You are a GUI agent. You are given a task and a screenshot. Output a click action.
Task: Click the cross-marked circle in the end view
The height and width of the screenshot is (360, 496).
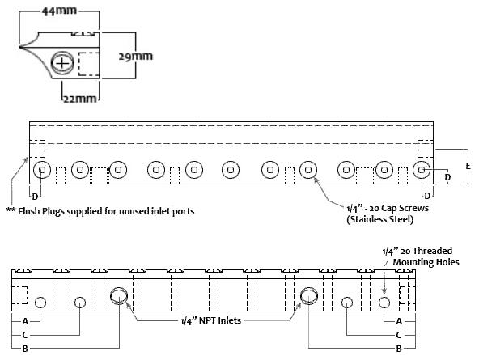pos(63,62)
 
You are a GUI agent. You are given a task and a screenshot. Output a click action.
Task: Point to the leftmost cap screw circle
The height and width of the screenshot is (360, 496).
pos(42,170)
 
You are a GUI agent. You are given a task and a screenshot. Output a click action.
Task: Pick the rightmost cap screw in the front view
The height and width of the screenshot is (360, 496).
pos(421,170)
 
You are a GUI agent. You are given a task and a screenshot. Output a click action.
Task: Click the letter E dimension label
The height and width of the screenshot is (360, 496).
pos(468,165)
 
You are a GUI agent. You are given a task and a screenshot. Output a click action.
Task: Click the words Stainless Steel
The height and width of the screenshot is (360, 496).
pos(379,220)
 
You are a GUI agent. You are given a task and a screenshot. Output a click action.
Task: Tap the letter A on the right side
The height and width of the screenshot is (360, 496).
pos(399,321)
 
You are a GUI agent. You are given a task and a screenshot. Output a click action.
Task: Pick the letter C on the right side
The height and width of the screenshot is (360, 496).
pos(399,334)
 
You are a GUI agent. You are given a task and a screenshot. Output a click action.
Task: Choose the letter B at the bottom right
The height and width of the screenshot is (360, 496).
pos(399,348)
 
